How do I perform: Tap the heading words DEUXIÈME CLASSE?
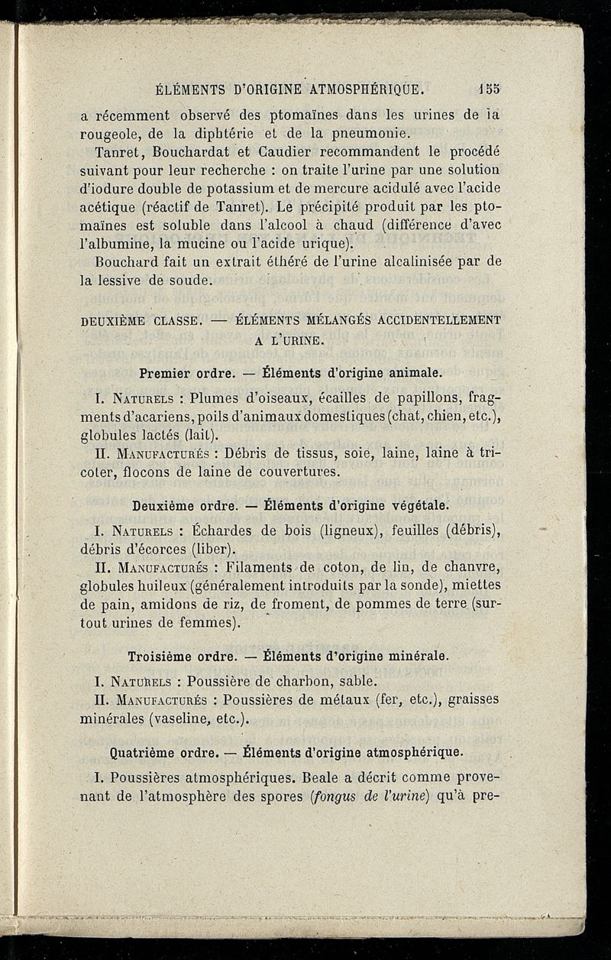[137, 321]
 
